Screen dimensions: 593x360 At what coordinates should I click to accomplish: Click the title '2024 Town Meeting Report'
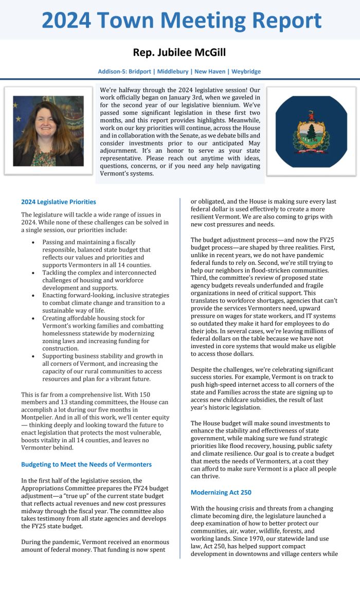(x=181, y=20)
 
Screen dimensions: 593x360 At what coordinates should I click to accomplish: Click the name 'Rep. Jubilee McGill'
(x=179, y=52)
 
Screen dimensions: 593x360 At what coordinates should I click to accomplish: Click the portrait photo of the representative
(x=48, y=131)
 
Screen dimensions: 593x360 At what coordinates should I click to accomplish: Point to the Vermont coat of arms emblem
(x=311, y=131)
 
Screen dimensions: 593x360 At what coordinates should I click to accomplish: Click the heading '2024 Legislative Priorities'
(x=59, y=202)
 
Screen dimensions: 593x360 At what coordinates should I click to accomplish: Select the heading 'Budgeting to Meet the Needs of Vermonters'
(x=86, y=464)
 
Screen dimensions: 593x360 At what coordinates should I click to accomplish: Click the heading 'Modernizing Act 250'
(x=221, y=492)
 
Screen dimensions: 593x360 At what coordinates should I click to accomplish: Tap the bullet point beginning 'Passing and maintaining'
(x=97, y=253)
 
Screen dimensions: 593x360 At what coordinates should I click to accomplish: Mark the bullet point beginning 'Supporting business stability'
(x=103, y=367)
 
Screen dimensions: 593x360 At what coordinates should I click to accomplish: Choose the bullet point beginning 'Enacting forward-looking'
(x=105, y=303)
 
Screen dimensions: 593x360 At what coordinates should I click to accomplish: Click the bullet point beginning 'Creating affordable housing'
(x=103, y=333)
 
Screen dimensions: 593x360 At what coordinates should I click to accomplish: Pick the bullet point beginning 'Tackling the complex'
(x=99, y=280)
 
